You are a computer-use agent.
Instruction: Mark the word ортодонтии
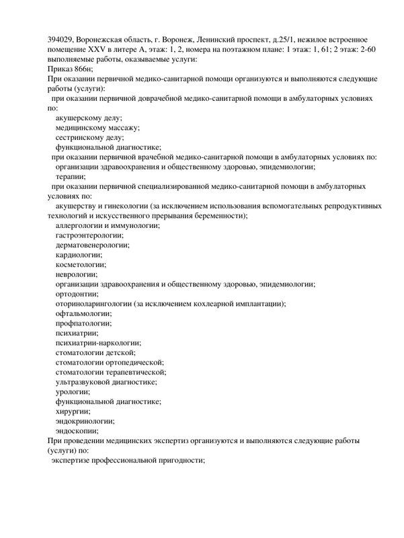(x=77, y=294)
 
